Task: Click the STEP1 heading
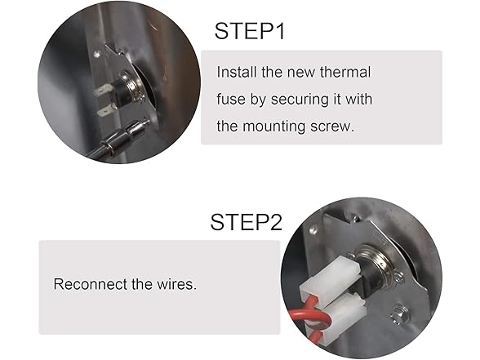[x=250, y=31]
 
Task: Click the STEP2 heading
[x=246, y=222]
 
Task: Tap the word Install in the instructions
[x=237, y=72]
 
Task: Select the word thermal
[x=345, y=72]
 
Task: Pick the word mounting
[x=274, y=127]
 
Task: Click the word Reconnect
[x=90, y=284]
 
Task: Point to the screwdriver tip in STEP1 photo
[x=144, y=122]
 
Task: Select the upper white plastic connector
[x=331, y=278]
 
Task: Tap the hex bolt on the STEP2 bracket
[x=399, y=314]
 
